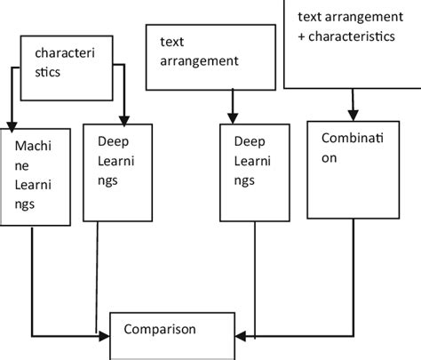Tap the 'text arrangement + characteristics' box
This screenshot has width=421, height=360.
(352, 44)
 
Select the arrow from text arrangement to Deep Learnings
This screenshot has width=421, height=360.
(233, 106)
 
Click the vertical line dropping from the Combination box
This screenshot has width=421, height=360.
(353, 276)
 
